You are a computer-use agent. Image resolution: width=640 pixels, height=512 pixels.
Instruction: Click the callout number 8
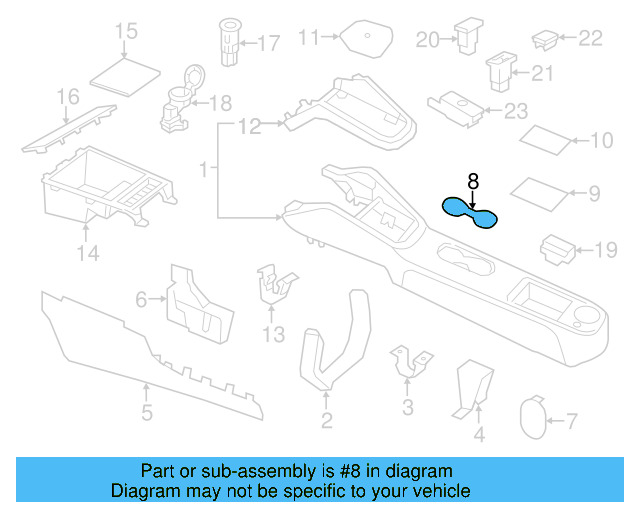coord(473,181)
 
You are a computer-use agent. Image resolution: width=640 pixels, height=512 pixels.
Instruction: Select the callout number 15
coord(126,32)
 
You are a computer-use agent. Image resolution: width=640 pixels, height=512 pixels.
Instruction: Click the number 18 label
coord(220,103)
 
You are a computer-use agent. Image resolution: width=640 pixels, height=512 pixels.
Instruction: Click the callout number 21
coord(542,73)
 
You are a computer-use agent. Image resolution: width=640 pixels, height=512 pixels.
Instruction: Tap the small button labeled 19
coord(556,247)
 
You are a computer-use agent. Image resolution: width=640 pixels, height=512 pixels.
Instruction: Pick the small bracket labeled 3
coord(410,361)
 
